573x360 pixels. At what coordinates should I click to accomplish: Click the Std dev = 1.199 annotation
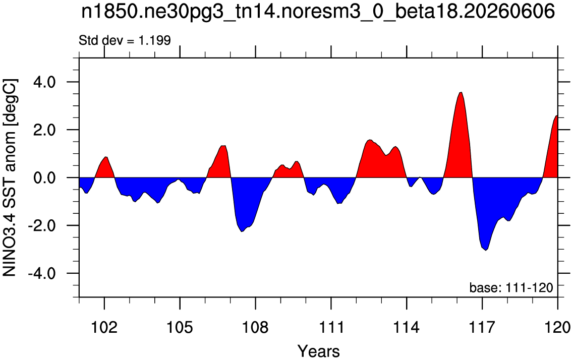point(125,40)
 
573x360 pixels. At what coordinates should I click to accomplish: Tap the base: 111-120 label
point(511,288)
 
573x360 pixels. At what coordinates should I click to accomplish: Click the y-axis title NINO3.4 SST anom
point(10,177)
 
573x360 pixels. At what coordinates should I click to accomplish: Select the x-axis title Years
point(318,351)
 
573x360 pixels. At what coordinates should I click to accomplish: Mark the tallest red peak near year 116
point(462,92)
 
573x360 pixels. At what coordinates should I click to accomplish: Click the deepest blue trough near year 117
point(486,250)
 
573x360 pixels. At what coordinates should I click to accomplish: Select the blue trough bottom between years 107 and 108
point(242,231)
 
